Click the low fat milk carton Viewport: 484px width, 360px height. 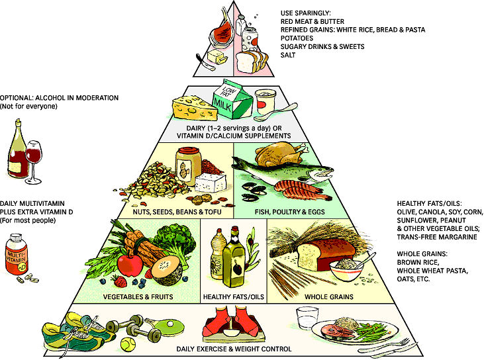pos(232,100)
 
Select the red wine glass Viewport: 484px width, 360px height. pos(33,161)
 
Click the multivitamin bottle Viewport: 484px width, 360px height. pos(17,255)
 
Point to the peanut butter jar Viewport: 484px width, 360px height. pos(188,166)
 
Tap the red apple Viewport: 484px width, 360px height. pos(130,264)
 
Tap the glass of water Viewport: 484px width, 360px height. pos(307,318)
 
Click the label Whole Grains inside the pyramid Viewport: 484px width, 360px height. pos(329,296)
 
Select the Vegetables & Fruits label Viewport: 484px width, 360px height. pos(138,296)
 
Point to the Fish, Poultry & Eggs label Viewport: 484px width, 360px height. pos(289,212)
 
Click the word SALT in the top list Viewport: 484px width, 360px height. pos(288,55)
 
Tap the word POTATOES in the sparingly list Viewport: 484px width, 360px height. pos(297,38)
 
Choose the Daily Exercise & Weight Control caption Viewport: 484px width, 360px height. pos(234,349)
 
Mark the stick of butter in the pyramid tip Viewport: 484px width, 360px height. pos(217,57)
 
